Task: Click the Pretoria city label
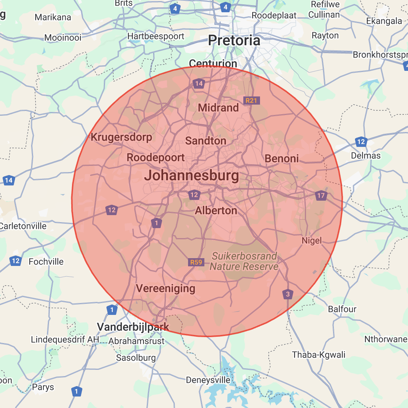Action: [234, 40]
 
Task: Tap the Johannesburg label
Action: [191, 175]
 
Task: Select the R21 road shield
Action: [251, 101]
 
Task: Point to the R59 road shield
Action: [196, 262]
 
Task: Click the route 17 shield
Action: [321, 195]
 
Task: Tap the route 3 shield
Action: [287, 295]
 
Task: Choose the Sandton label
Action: [205, 141]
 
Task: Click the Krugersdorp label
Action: [121, 137]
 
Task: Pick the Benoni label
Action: [282, 159]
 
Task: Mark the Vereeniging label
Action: [165, 289]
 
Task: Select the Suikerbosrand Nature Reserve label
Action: [244, 261]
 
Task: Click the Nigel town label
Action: [312, 241]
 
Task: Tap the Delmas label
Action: [366, 155]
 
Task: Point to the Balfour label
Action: [342, 309]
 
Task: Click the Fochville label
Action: [46, 261]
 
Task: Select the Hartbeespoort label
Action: [156, 36]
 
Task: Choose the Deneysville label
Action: [208, 380]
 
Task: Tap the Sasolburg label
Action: [136, 358]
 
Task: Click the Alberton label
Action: [216, 211]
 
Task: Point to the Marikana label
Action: [53, 17]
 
